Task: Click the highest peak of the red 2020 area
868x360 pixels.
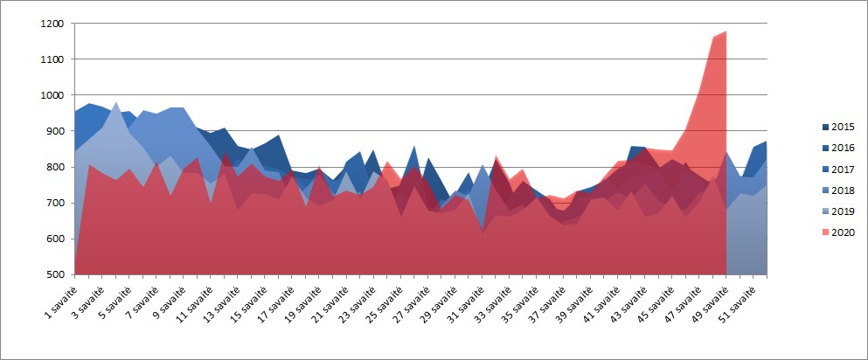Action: (x=726, y=32)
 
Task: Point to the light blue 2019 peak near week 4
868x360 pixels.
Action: (x=116, y=103)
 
